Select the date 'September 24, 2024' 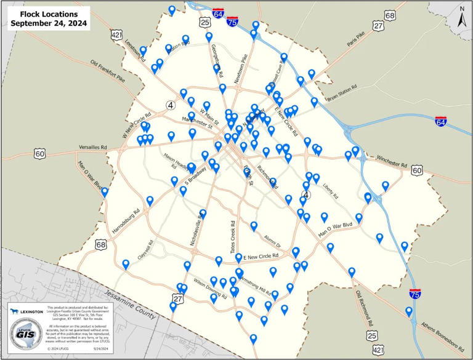(48, 24)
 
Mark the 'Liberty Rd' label (331, 188)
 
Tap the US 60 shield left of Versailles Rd (41, 153)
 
